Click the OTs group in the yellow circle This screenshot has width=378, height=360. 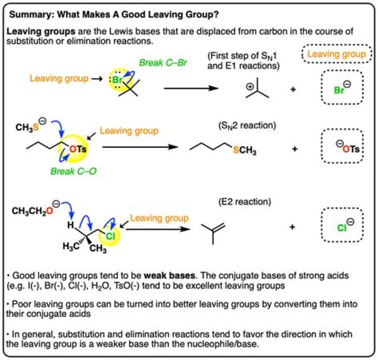coord(78,149)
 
